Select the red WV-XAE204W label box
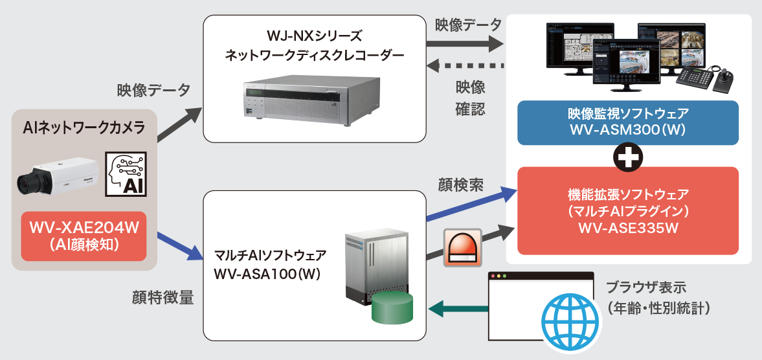click(x=84, y=236)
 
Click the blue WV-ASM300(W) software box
click(x=628, y=122)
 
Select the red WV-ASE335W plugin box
click(x=628, y=210)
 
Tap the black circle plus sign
click(x=628, y=157)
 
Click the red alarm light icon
click(x=462, y=246)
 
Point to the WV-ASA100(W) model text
click(x=267, y=274)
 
